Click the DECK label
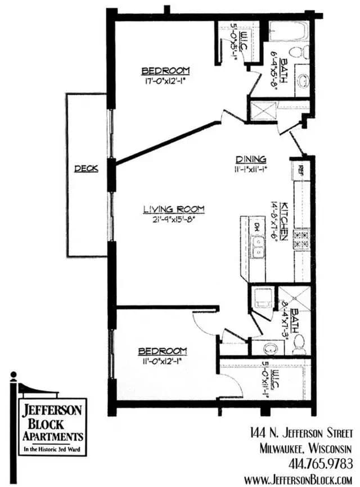tap(86, 168)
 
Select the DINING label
tap(250, 159)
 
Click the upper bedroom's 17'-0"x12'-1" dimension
tap(165, 80)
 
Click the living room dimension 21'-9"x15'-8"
tap(172, 219)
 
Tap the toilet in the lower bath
tap(299, 342)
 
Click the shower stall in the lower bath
tap(293, 299)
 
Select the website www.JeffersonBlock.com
tap(298, 479)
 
